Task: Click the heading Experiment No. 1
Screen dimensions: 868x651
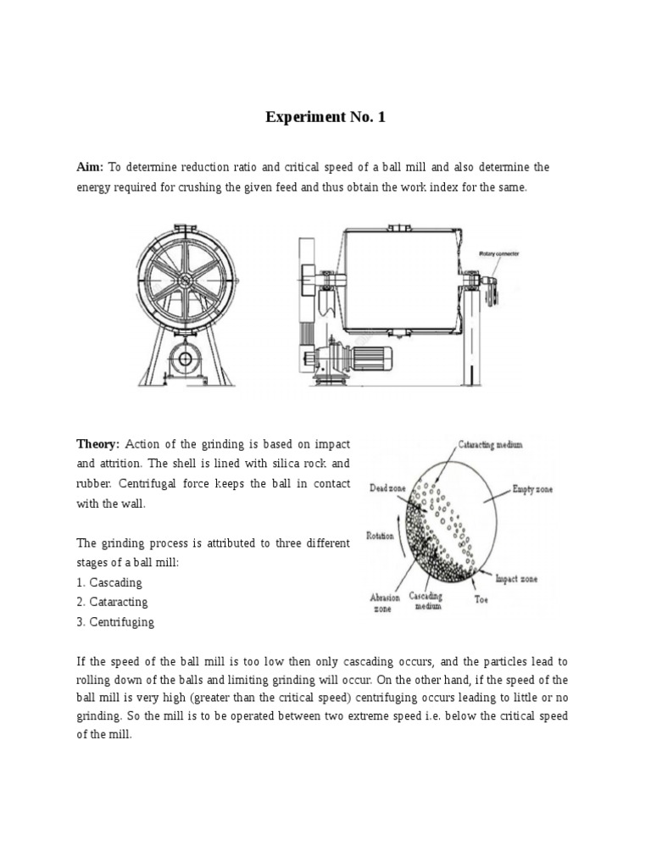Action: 325,117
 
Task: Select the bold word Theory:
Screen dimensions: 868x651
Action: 100,444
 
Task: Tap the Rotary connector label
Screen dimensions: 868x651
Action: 499,253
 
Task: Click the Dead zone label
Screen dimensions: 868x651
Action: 387,488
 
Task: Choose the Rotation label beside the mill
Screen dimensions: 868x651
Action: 380,536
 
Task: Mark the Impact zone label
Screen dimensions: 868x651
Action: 515,579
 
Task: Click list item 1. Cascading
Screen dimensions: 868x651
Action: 109,582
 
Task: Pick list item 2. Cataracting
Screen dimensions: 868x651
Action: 112,602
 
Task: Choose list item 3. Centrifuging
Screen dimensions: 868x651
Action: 115,621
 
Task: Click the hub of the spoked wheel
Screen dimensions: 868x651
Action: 185,280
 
